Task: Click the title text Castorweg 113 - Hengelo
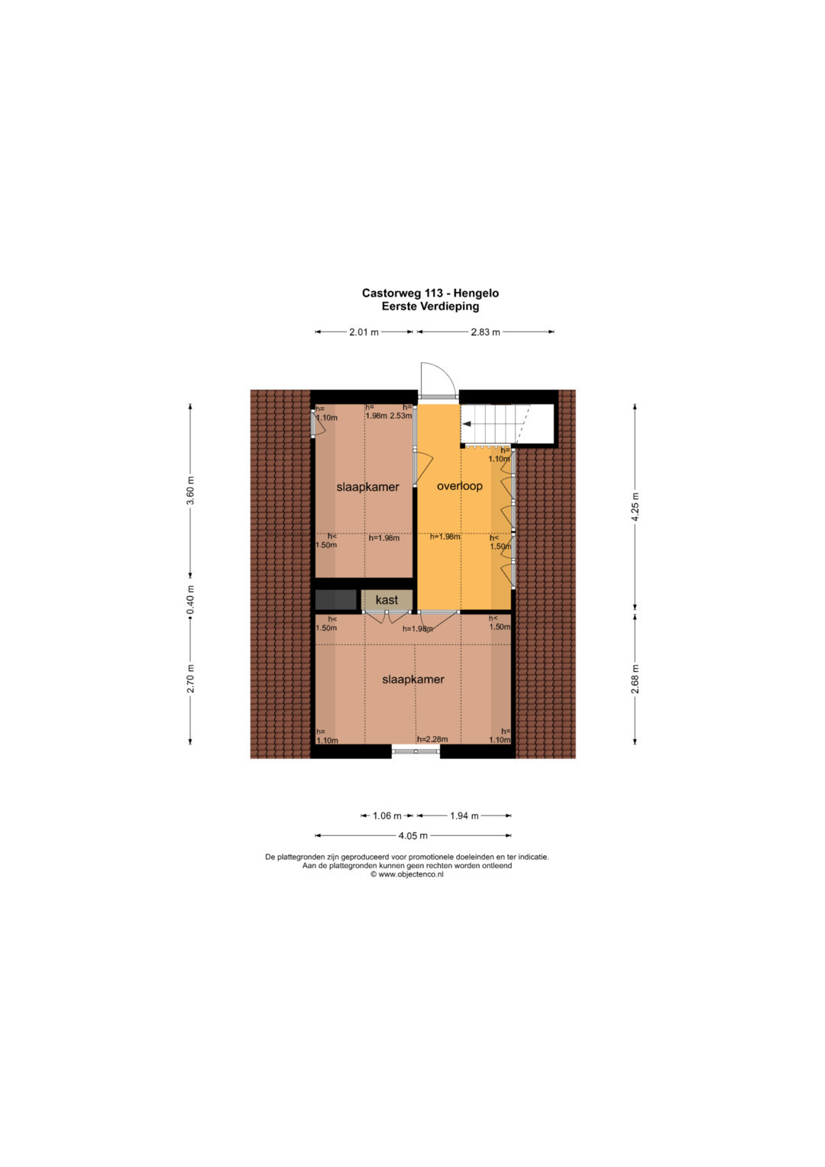point(430,293)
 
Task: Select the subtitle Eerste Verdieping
point(430,306)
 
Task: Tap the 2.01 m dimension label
point(364,332)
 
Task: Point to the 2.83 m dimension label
point(485,332)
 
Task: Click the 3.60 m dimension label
point(191,490)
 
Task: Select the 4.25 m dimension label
point(635,506)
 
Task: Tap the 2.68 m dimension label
point(635,679)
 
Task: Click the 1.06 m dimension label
point(387,816)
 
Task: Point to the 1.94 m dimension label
point(464,816)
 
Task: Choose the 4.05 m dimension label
point(413,835)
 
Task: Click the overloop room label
point(459,486)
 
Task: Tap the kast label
point(387,600)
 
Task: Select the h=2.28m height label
point(432,739)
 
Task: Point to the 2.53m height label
point(401,416)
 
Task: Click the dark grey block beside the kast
point(336,600)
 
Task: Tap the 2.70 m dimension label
point(191,679)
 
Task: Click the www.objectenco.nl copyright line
point(406,875)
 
